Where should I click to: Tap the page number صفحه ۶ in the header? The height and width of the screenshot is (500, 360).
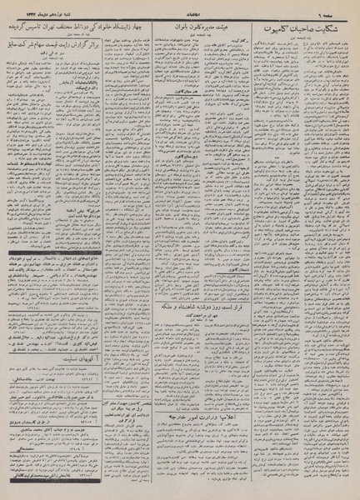pos(342,9)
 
